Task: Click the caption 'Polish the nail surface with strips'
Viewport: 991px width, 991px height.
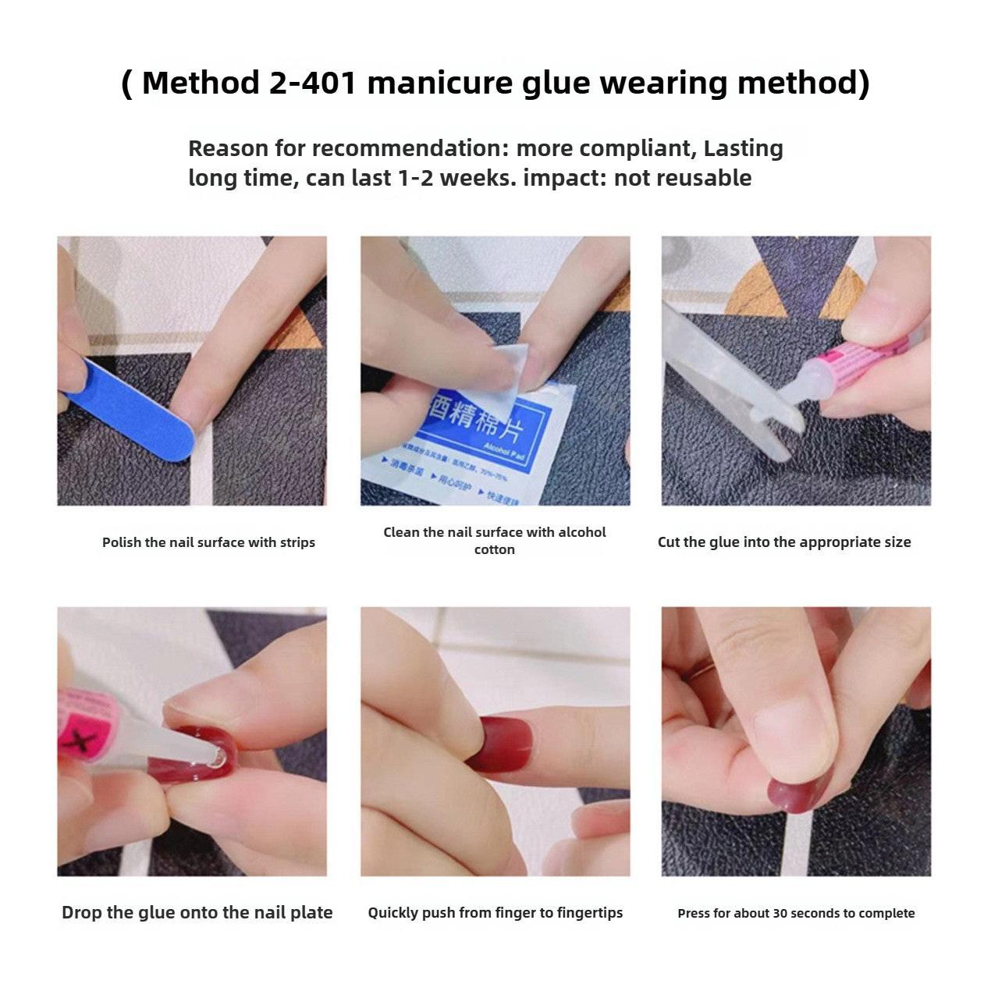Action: point(208,542)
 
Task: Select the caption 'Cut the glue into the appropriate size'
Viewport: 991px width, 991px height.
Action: point(784,542)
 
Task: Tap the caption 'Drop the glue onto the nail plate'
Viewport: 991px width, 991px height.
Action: point(197,912)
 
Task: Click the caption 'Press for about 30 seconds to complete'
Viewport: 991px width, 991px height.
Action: point(796,913)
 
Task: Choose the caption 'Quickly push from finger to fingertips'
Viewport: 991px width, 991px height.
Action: point(495,912)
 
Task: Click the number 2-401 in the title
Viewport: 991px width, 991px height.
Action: point(312,83)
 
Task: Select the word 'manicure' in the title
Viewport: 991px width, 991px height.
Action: point(439,83)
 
